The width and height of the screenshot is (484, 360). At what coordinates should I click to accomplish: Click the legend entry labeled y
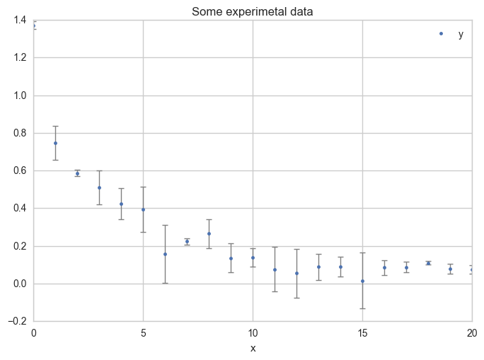pyautogui.click(x=461, y=34)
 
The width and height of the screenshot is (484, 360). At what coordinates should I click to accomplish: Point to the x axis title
pyautogui.click(x=253, y=348)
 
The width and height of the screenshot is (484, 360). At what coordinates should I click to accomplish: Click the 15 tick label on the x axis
pyautogui.click(x=362, y=332)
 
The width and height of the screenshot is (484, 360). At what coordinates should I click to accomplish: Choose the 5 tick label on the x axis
pyautogui.click(x=143, y=332)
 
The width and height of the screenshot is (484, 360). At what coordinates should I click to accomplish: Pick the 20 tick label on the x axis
pyautogui.click(x=471, y=332)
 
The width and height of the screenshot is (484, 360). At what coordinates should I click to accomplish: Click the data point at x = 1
pyautogui.click(x=55, y=143)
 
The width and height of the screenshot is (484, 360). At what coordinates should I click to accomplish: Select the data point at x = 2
pyautogui.click(x=77, y=173)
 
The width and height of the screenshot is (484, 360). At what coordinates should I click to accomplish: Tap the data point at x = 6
pyautogui.click(x=165, y=254)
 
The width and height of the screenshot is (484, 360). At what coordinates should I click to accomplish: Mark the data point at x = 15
pyautogui.click(x=362, y=281)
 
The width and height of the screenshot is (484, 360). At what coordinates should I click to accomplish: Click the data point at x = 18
pyautogui.click(x=428, y=263)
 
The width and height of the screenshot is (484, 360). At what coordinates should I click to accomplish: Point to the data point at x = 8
pyautogui.click(x=209, y=233)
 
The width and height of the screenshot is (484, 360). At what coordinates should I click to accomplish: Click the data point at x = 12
pyautogui.click(x=296, y=273)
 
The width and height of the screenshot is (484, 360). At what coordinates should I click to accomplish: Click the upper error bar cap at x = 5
pyautogui.click(x=143, y=187)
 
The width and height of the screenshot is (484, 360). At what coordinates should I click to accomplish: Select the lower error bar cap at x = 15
pyautogui.click(x=362, y=308)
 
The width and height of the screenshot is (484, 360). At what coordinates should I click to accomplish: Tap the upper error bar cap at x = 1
pyautogui.click(x=55, y=126)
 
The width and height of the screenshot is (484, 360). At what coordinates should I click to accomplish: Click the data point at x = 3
pyautogui.click(x=99, y=187)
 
